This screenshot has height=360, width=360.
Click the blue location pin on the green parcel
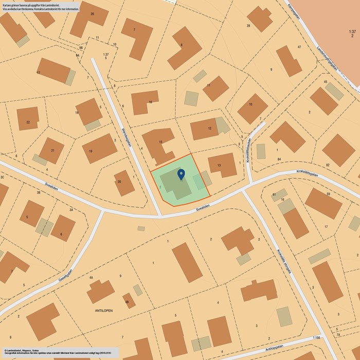point(181,174)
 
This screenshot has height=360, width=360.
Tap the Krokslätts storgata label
point(283,262)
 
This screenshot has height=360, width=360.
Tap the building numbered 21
point(51,150)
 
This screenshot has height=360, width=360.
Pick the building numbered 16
point(145,102)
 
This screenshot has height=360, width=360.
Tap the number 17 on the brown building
point(38,73)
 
